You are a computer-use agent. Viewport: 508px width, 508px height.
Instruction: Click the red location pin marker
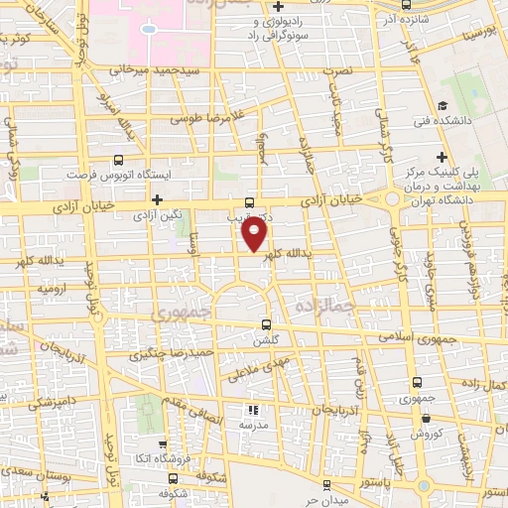(255, 235)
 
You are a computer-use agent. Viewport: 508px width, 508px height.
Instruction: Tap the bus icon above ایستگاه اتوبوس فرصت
(120, 158)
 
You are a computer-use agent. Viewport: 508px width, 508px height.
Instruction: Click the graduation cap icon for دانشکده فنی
(442, 105)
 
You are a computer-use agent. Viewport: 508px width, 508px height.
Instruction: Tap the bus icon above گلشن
(265, 323)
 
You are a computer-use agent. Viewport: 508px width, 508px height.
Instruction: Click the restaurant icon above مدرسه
(252, 409)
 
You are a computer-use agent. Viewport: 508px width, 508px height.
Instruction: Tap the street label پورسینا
(478, 33)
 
